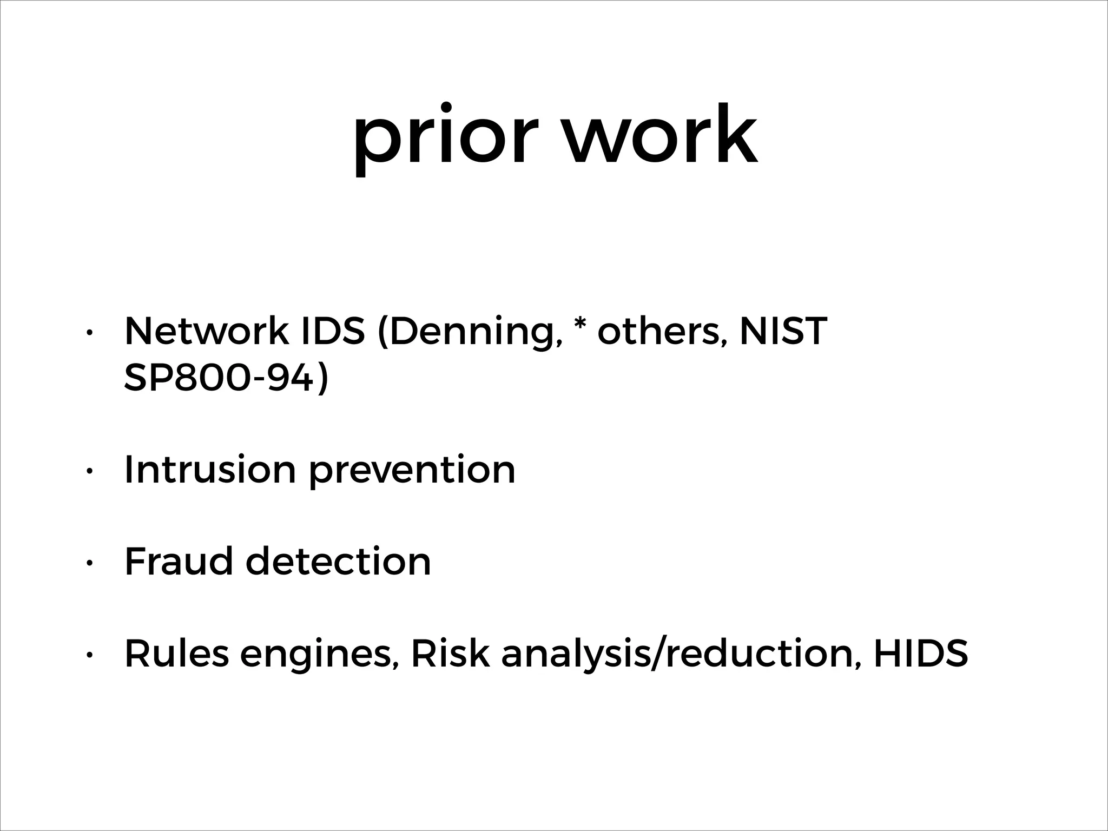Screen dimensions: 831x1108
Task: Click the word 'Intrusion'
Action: (210, 469)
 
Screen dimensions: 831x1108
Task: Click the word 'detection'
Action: (338, 561)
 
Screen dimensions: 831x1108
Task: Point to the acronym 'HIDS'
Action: (920, 653)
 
